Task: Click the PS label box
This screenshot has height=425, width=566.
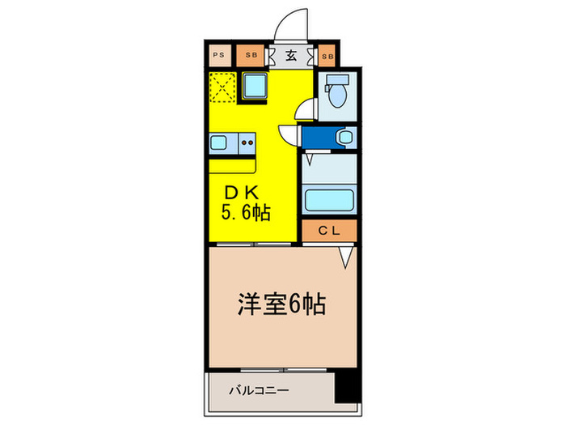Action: coord(218,56)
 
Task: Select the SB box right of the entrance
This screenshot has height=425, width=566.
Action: coord(327,56)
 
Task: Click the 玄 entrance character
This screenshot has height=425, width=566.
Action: coord(290,56)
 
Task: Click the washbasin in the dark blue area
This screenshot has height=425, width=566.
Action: coord(344,138)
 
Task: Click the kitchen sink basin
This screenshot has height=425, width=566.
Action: coord(220,144)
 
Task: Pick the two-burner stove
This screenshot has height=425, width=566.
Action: coord(246,144)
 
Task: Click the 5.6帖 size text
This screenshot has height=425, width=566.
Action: coord(245,214)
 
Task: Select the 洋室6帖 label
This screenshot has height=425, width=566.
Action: coord(282,304)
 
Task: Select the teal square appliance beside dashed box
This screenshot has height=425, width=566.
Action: coord(258,85)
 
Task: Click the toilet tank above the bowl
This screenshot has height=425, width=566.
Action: coord(336,80)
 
